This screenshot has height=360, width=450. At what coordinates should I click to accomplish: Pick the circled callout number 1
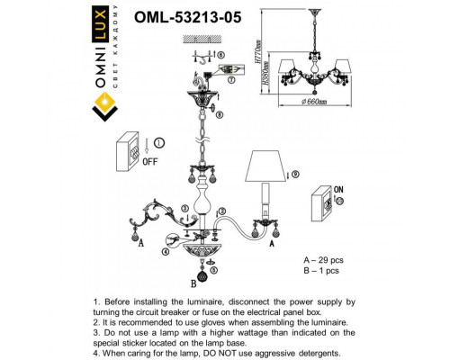coord(159,141)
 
